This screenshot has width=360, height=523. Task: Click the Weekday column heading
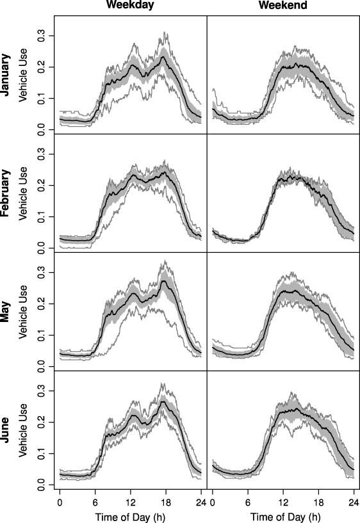tap(131, 6)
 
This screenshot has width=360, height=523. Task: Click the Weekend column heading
tap(283, 6)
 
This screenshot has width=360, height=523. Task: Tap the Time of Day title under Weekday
tap(131, 515)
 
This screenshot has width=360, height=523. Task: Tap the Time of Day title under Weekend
tap(283, 515)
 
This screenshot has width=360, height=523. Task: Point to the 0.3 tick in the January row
tap(42, 36)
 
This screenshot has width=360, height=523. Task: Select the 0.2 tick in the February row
tap(42, 185)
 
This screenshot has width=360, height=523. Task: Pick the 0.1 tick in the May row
tap(42, 335)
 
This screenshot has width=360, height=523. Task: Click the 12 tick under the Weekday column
tap(131, 501)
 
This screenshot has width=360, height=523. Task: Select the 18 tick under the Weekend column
tap(318, 501)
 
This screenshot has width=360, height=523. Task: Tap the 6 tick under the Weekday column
tap(95, 501)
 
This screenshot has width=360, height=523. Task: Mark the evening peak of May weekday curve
tap(165, 280)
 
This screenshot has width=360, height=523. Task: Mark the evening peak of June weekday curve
tap(164, 401)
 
